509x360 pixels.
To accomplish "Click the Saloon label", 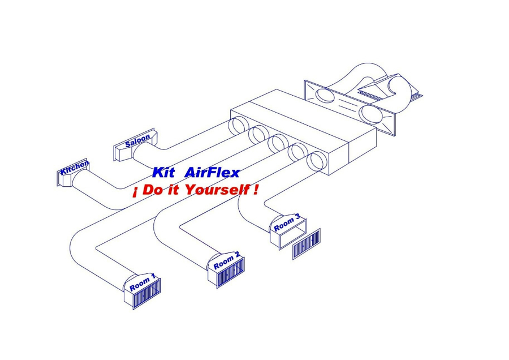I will coord(137,140).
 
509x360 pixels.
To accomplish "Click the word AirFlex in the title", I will coord(213,173).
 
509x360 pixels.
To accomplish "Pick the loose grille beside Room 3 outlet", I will coord(307,244).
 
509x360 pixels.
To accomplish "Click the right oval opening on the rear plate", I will coord(371,113).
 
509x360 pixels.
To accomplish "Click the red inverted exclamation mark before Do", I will coord(135,192).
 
